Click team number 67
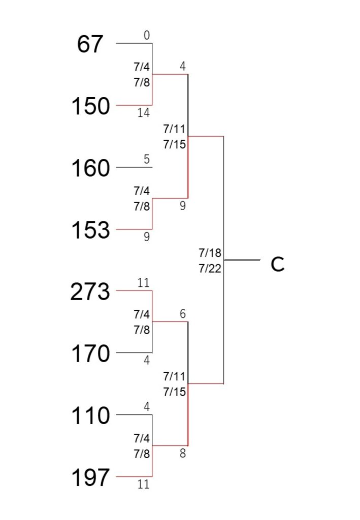pyautogui.click(x=90, y=44)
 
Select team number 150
pyautogui.click(x=90, y=106)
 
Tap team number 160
pyautogui.click(x=90, y=168)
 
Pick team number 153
pyautogui.click(x=90, y=230)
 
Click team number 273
pyautogui.click(x=90, y=291)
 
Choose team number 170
pyautogui.click(x=90, y=353)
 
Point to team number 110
pyautogui.click(x=90, y=415)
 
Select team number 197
pyautogui.click(x=90, y=477)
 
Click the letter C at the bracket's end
pyautogui.click(x=277, y=264)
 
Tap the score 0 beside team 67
pyautogui.click(x=147, y=35)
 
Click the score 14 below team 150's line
pyautogui.click(x=144, y=113)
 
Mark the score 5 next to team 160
pyautogui.click(x=147, y=159)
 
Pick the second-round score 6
pyautogui.click(x=183, y=314)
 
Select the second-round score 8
pyautogui.click(x=183, y=453)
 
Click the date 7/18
pyautogui.click(x=210, y=253)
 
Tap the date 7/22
pyautogui.click(x=210, y=268)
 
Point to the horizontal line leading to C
pyautogui.click(x=242, y=260)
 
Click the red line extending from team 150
pyautogui.click(x=134, y=105)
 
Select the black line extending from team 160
pyautogui.click(x=134, y=167)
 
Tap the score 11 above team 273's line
pyautogui.click(x=144, y=283)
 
